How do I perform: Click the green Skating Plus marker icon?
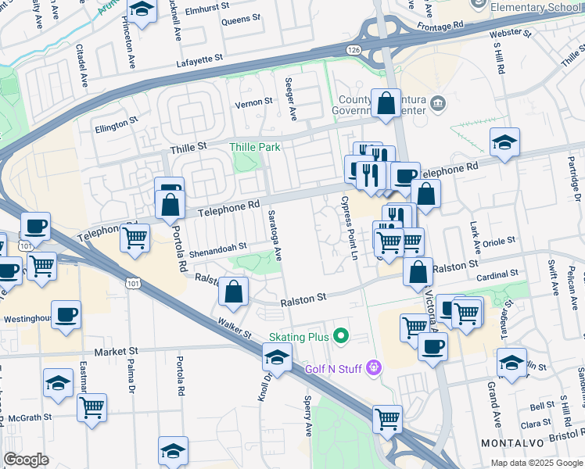[340, 337]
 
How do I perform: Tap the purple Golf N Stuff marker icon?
[375, 367]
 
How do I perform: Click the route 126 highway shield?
[354, 49]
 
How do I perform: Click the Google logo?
[26, 460]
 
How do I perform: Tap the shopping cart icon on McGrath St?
[92, 406]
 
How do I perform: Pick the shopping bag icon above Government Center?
[386, 102]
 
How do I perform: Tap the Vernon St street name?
[254, 102]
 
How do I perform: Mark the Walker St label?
[235, 328]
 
